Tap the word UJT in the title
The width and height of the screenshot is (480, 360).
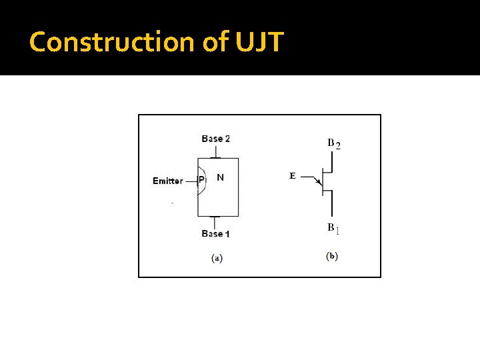pyautogui.click(x=259, y=42)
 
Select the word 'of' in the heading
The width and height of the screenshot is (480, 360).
pyautogui.click(x=215, y=42)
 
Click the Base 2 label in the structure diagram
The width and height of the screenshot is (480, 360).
pyautogui.click(x=215, y=139)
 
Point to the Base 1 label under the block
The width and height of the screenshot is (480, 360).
pyautogui.click(x=215, y=233)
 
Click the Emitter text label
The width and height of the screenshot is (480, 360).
pyautogui.click(x=167, y=181)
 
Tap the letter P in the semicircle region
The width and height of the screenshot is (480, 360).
pyautogui.click(x=202, y=180)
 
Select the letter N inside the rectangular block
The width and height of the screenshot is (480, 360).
pyautogui.click(x=220, y=178)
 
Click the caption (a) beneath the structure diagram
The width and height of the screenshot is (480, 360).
pyautogui.click(x=217, y=258)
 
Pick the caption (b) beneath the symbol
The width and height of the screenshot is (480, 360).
pyautogui.click(x=332, y=256)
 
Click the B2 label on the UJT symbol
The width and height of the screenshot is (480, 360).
pyautogui.click(x=333, y=143)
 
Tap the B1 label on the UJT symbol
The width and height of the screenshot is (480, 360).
pyautogui.click(x=333, y=229)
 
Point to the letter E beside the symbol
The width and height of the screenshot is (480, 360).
pyautogui.click(x=292, y=176)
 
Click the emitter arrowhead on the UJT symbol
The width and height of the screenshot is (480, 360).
pyautogui.click(x=318, y=181)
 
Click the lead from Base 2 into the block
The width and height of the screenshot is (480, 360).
pyautogui.click(x=216, y=152)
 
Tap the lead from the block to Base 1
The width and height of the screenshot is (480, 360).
pyautogui.click(x=216, y=221)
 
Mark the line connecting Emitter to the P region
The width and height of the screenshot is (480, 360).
pyautogui.click(x=191, y=181)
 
